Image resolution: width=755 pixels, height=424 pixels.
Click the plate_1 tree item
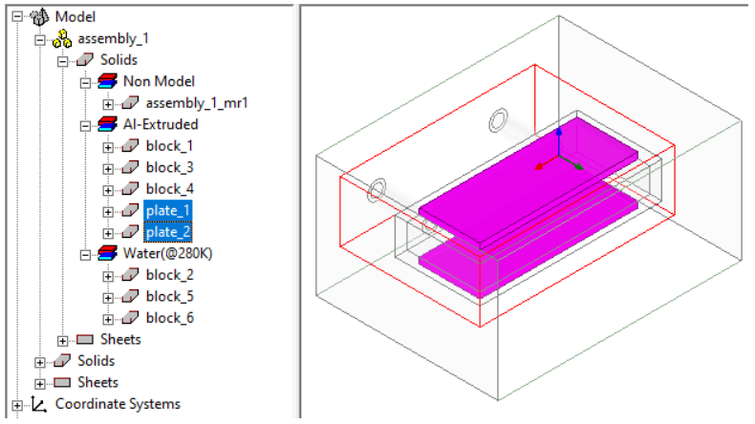[x=168, y=211]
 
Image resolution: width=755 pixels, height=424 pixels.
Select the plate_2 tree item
[x=168, y=232]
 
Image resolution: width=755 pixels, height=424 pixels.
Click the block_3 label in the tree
[x=169, y=167]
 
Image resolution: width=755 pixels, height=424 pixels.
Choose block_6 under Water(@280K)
[x=169, y=318]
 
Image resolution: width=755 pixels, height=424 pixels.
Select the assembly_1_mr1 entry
[x=197, y=103]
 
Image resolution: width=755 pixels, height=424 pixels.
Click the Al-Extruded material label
[x=161, y=125]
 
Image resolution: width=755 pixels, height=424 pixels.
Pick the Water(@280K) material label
[x=167, y=254]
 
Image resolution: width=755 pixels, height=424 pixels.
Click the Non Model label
[x=159, y=81]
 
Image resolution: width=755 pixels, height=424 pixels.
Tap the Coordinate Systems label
[x=118, y=404]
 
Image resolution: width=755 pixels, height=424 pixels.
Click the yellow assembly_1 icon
[x=62, y=38]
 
